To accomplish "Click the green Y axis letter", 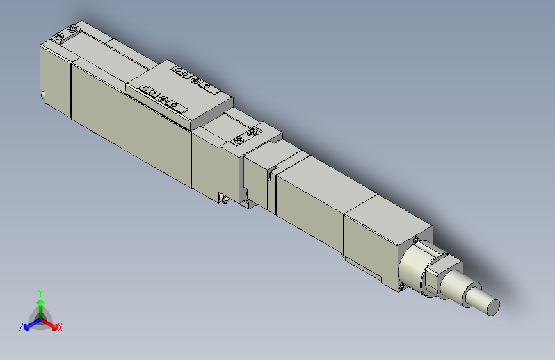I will [x=40, y=291].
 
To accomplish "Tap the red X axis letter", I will [x=60, y=328].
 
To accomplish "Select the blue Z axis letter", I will [x=21, y=327].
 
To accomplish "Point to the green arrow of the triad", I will [x=40, y=304].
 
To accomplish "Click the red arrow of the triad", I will [x=51, y=323].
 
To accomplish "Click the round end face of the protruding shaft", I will [x=493, y=307].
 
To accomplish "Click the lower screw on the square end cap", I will [x=402, y=286].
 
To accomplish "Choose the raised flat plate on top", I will [x=181, y=92].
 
